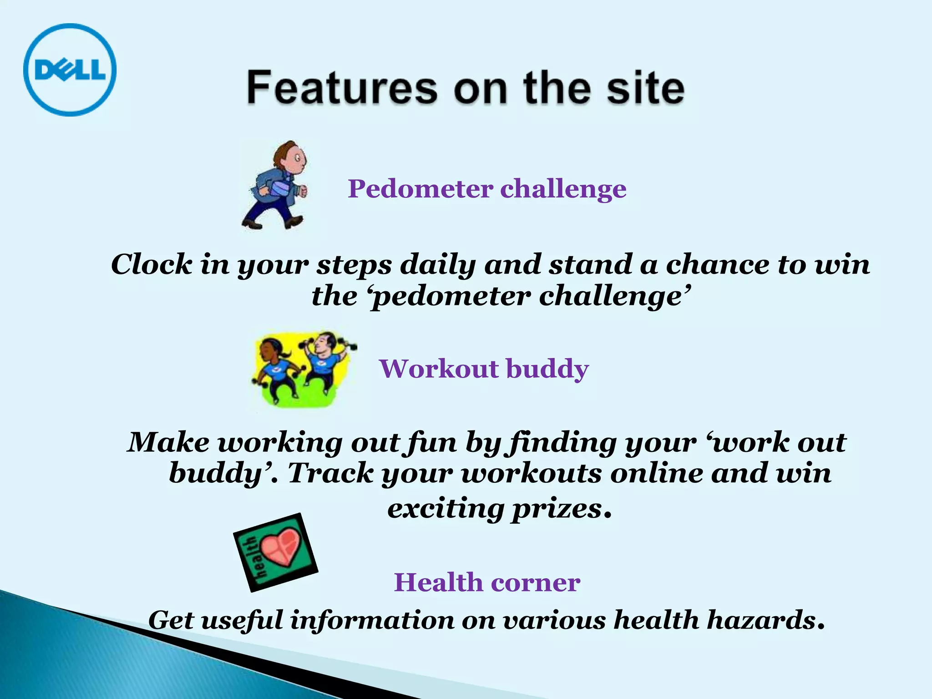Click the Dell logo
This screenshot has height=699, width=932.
(x=70, y=70)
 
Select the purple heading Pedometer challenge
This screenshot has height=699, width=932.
(x=487, y=188)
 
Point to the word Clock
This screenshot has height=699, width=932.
(x=152, y=264)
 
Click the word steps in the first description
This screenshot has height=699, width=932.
(x=354, y=265)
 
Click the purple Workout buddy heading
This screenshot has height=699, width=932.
(x=484, y=369)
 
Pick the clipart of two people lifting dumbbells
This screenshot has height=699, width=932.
(x=303, y=369)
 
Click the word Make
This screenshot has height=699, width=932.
(x=168, y=442)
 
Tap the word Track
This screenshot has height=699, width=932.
(x=330, y=473)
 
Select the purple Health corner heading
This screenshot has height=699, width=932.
(x=487, y=582)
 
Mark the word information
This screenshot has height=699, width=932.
(x=372, y=620)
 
